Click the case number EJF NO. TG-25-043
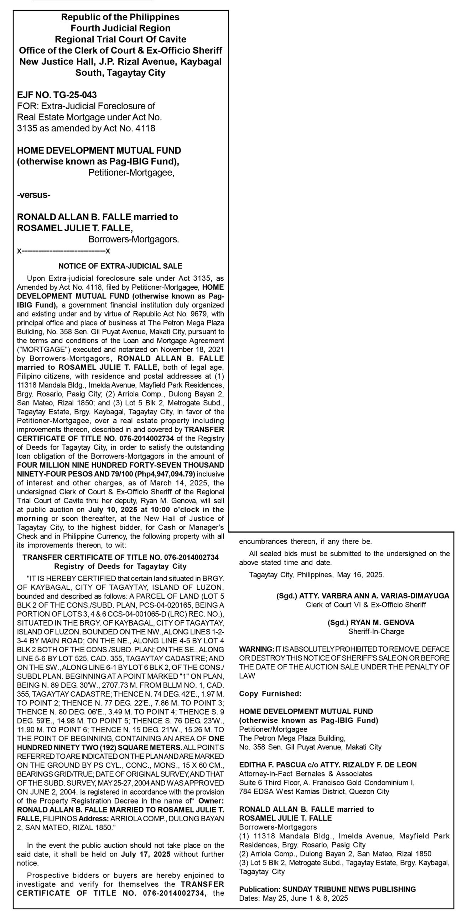coord(57,95)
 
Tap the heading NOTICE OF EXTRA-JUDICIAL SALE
coord(120,266)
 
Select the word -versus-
coord(34,195)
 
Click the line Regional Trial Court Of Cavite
coord(120,39)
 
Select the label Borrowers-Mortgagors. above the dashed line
coord(134,239)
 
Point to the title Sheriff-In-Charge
coord(376,632)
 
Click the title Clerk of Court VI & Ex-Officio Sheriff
coord(366,605)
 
